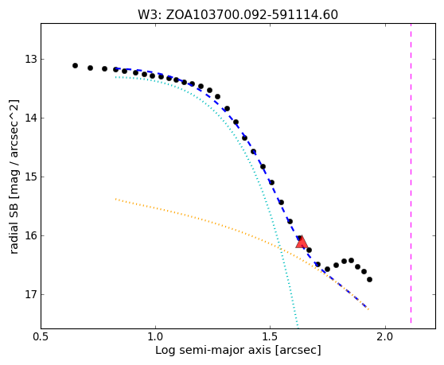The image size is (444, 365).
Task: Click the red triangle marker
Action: pyautogui.click(x=302, y=243)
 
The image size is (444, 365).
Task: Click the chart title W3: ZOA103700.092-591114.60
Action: pyautogui.click(x=238, y=15)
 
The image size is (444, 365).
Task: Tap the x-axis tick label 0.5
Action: pyautogui.click(x=41, y=337)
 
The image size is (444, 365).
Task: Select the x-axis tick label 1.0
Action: pyautogui.click(x=155, y=337)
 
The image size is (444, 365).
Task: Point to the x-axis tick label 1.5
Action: pyautogui.click(x=271, y=337)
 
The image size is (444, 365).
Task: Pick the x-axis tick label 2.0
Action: pyautogui.click(x=385, y=337)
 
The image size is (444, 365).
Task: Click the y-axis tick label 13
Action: pyautogui.click(x=31, y=60)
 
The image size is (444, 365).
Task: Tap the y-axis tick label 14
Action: pyautogui.click(x=31, y=118)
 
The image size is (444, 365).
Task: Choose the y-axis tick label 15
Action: pyautogui.click(x=31, y=177)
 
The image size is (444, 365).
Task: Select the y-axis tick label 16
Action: pyautogui.click(x=31, y=235)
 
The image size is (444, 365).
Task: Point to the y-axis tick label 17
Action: pyautogui.click(x=31, y=294)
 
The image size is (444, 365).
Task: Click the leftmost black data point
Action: pyautogui.click(x=75, y=66)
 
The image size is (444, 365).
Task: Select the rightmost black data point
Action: pyautogui.click(x=369, y=280)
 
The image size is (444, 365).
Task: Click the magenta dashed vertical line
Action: pyautogui.click(x=411, y=173)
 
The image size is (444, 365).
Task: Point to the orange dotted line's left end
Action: pyautogui.click(x=116, y=199)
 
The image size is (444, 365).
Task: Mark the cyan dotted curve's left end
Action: pyautogui.click(x=116, y=77)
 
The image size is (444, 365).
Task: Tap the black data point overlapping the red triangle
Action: pyautogui.click(x=300, y=239)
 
